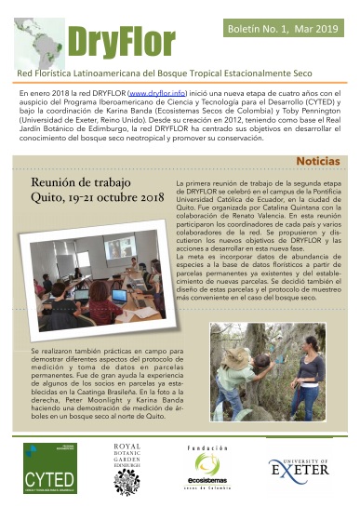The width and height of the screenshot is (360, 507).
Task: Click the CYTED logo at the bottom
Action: tap(55, 470)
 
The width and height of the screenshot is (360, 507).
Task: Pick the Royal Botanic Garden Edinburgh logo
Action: tap(127, 469)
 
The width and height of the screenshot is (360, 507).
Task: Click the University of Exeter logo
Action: tap(300, 471)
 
